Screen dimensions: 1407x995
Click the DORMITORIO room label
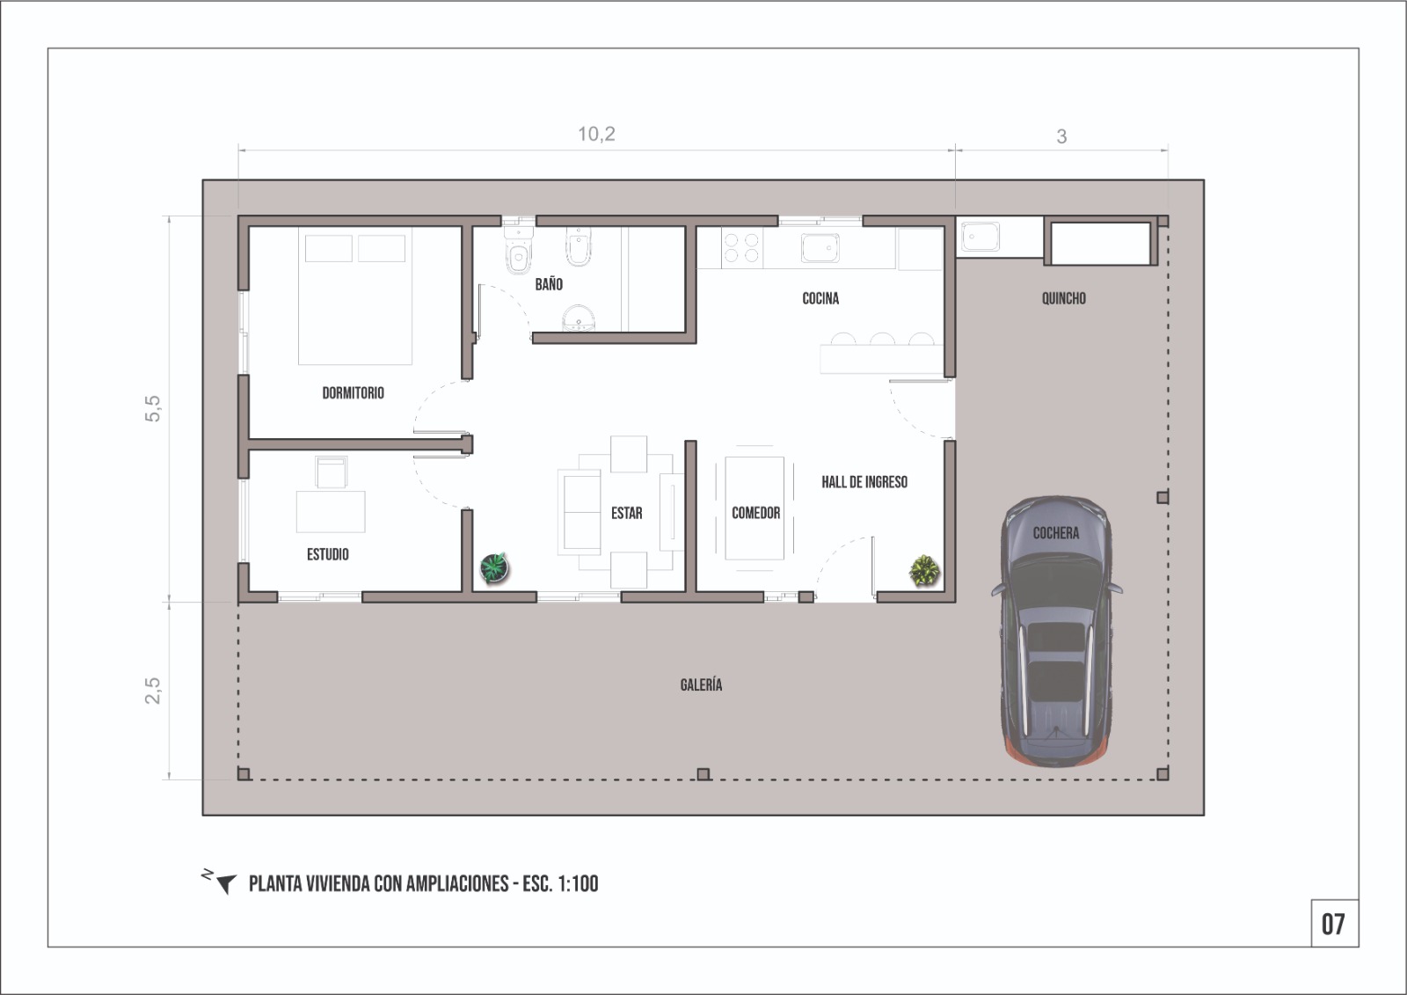(x=353, y=393)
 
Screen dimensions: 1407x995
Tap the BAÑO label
(x=549, y=284)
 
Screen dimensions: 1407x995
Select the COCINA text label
(x=820, y=298)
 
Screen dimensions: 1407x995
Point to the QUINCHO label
(x=1063, y=298)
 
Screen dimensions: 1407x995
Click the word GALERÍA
(x=701, y=684)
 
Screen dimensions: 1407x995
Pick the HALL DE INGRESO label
(x=864, y=482)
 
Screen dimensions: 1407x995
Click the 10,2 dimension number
(x=596, y=134)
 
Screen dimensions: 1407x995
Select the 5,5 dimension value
(x=153, y=408)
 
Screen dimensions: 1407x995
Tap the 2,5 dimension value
(x=153, y=691)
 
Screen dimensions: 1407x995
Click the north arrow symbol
(x=221, y=882)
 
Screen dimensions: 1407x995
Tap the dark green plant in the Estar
(x=494, y=567)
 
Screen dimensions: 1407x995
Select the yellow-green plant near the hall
(x=924, y=571)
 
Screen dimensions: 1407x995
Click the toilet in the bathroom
(x=519, y=251)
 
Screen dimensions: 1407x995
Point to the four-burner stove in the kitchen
(x=741, y=247)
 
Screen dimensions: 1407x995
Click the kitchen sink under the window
(x=820, y=247)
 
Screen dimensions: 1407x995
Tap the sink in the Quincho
(x=980, y=237)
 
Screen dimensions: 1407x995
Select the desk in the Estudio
(x=331, y=512)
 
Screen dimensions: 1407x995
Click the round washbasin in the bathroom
(x=578, y=318)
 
